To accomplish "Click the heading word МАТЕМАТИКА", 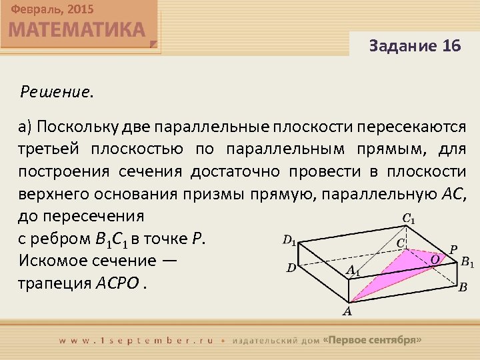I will click(x=77, y=30).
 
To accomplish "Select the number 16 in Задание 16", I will click(x=451, y=46).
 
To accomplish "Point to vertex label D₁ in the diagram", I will click(x=290, y=241).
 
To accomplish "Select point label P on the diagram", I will click(x=453, y=249).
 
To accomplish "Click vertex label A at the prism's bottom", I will click(x=347, y=311).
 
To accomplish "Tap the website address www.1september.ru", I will click(x=137, y=339).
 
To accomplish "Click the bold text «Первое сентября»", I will click(x=372, y=339).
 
